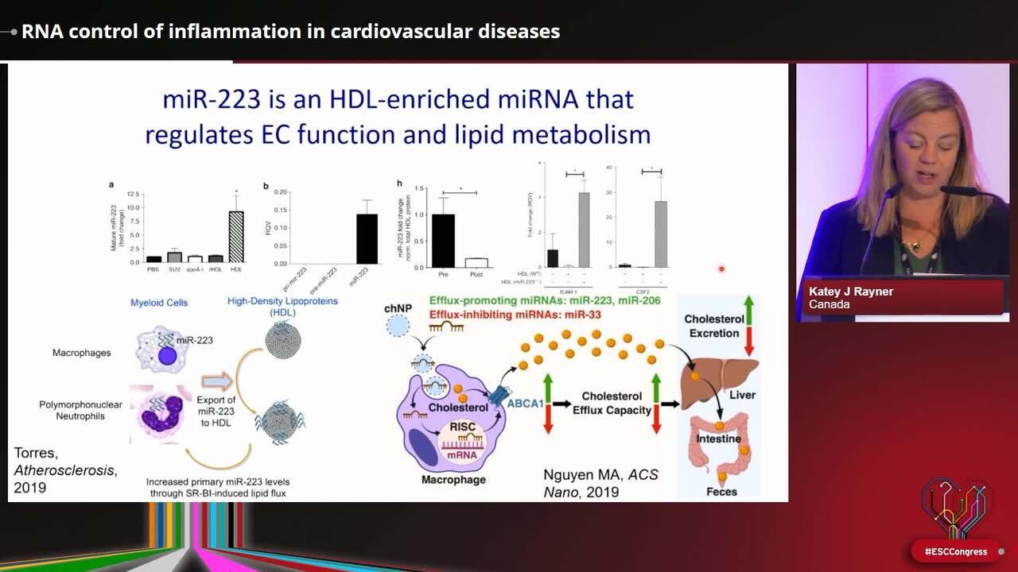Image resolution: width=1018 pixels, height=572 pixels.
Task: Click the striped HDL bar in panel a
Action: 236,237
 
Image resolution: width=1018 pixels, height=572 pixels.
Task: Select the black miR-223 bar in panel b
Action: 367,238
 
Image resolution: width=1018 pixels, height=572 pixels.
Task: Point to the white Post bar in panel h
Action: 476,262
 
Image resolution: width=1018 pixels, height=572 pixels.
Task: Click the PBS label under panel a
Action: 153,270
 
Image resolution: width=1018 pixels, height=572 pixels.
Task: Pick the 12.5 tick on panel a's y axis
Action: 133,194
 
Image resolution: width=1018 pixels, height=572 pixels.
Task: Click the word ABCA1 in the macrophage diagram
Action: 526,404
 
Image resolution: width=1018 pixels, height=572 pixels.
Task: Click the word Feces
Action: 721,492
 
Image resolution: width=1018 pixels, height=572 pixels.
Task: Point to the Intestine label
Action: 719,438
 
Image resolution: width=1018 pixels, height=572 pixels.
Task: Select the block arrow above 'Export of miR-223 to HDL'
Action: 217,381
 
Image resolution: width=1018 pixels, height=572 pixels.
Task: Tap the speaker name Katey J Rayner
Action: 851,292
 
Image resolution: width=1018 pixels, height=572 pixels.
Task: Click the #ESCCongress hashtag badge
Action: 955,551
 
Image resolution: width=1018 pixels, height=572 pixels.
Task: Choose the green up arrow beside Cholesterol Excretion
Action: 748,308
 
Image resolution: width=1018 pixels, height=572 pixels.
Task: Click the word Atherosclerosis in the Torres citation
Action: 64,470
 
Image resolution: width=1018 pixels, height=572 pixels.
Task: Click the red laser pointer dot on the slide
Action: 721,269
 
